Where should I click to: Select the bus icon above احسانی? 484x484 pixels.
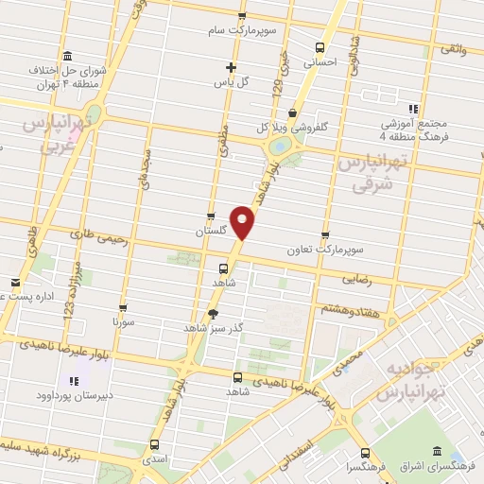coord(319,47)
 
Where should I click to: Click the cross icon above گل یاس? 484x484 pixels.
coord(231,67)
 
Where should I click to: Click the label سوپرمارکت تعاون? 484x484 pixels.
coord(325,251)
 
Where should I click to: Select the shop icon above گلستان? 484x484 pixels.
coord(211,216)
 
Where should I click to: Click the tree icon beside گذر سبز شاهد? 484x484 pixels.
coord(214,314)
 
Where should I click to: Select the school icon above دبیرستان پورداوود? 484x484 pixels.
coord(73,382)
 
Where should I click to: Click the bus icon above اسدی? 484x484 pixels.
coord(157,442)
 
